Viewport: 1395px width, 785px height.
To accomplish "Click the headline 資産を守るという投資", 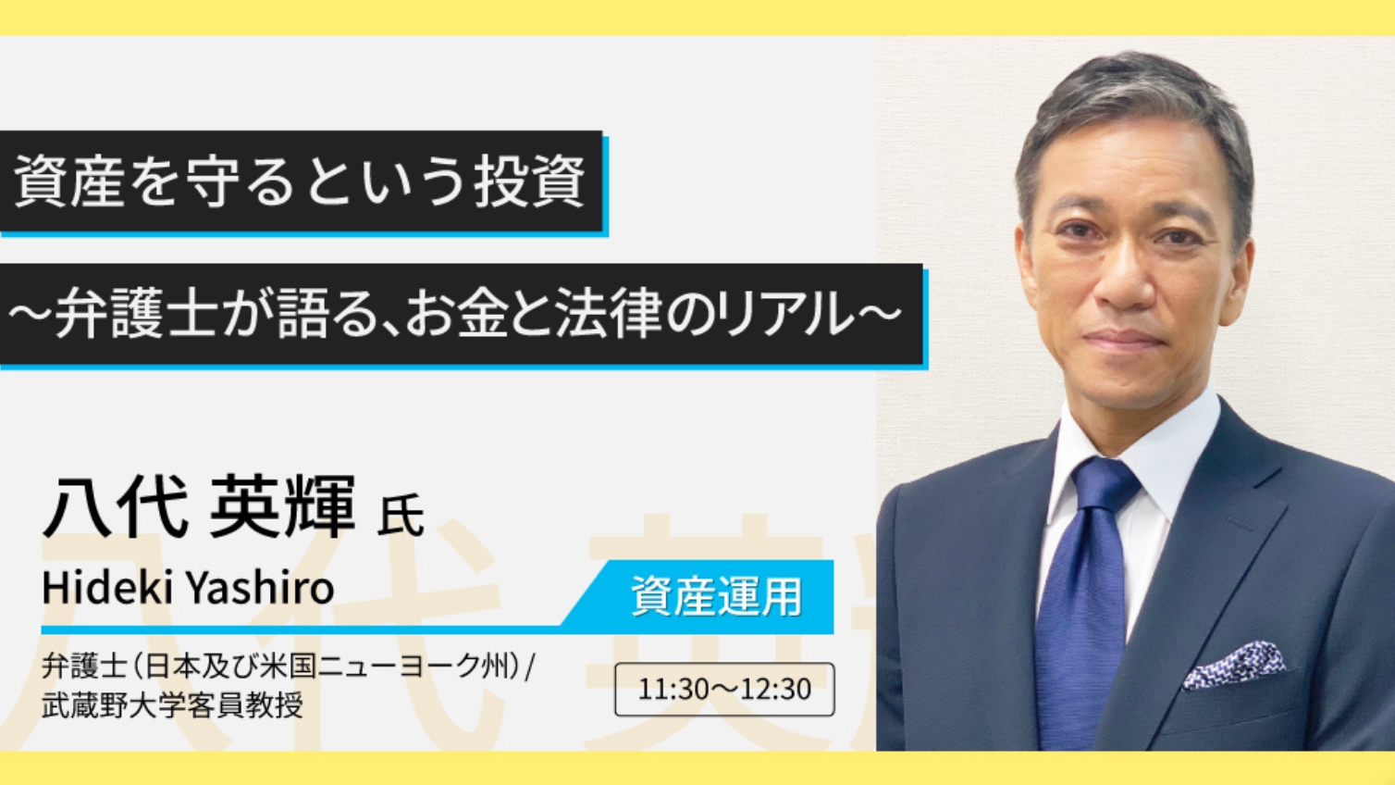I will [x=300, y=181].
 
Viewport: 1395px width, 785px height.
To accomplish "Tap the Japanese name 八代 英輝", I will [x=198, y=506].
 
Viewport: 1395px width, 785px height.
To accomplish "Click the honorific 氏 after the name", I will [x=401, y=516].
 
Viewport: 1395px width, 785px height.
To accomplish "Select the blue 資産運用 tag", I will [x=716, y=596].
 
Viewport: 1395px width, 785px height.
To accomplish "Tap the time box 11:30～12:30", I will [x=724, y=690].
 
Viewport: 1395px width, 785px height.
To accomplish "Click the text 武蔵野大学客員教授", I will [x=172, y=706].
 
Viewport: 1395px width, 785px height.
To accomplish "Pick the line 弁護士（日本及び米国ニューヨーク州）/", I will [x=287, y=667].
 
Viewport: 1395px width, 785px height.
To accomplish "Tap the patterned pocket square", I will [x=1234, y=666].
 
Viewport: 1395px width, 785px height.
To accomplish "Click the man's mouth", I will [x=1123, y=340].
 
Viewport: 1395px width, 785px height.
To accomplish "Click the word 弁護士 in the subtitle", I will [x=136, y=315].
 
